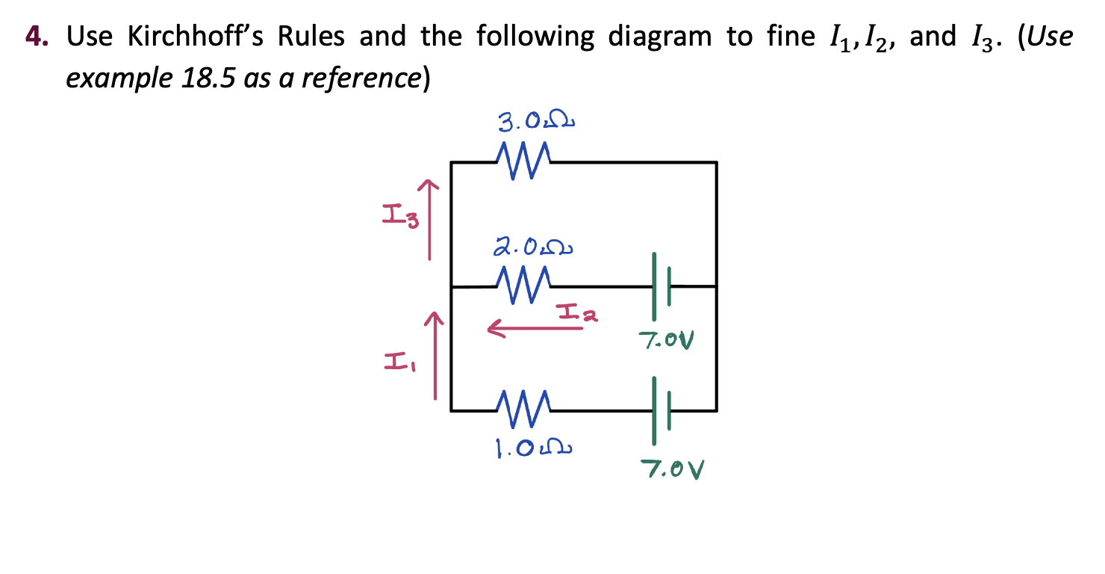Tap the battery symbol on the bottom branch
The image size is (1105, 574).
click(x=661, y=410)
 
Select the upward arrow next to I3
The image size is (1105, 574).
click(x=429, y=219)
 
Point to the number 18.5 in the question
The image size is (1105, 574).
click(x=202, y=77)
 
